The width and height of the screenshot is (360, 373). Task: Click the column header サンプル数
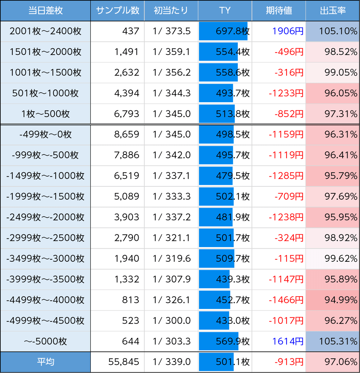(x=118, y=11)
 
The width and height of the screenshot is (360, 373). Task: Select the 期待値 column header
(x=279, y=11)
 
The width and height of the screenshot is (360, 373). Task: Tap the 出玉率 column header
(x=333, y=11)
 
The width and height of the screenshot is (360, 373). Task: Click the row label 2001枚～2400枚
(x=45, y=31)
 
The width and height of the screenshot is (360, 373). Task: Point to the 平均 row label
(x=45, y=362)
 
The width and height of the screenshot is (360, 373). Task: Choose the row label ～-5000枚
(x=45, y=341)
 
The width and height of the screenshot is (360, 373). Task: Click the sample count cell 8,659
(x=127, y=135)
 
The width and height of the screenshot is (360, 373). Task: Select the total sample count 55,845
(x=124, y=362)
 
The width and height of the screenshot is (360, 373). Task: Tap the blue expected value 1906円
(x=288, y=31)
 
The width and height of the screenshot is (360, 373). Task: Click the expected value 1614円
(x=288, y=341)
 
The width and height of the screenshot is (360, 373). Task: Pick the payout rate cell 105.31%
(x=338, y=341)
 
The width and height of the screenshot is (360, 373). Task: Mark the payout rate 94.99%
(x=341, y=300)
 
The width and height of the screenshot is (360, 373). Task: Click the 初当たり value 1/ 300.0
(x=172, y=320)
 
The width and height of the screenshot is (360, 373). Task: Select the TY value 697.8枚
(x=233, y=31)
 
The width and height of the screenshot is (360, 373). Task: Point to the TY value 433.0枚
(x=233, y=320)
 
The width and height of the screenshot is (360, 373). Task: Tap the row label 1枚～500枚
(x=45, y=114)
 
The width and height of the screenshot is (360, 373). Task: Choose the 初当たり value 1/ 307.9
(x=172, y=279)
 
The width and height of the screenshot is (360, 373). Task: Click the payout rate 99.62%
(x=341, y=259)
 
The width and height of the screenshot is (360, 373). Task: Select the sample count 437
(x=131, y=31)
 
